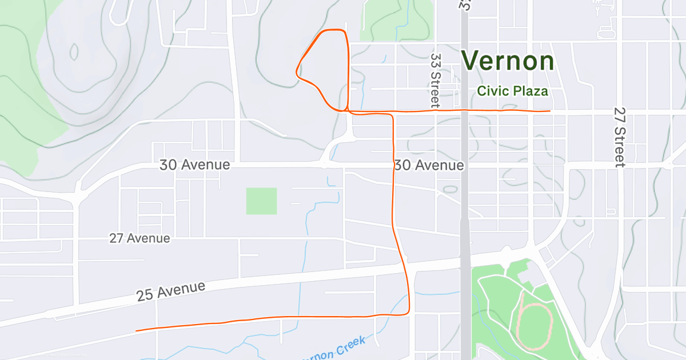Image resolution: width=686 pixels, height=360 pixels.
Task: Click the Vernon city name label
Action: point(508,61)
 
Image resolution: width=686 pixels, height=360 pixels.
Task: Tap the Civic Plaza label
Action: point(512,91)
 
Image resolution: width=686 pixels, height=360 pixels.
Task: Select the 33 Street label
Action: point(436,81)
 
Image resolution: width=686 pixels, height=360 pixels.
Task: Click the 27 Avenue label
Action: point(139,238)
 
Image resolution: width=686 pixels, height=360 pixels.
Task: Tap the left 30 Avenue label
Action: point(194,165)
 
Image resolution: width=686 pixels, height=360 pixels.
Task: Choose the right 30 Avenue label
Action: point(429,166)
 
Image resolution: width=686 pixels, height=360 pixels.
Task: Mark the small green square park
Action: point(261,201)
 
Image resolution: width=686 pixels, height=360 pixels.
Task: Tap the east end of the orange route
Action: point(549,111)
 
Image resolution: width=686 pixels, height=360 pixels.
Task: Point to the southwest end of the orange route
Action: point(136,330)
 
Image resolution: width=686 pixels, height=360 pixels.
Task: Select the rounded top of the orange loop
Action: point(334,30)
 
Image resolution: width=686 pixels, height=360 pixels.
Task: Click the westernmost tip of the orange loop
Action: point(296,72)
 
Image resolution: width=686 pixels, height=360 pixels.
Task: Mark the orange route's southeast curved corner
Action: point(407,311)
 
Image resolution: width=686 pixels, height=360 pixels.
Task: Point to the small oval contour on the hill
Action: point(74,51)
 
